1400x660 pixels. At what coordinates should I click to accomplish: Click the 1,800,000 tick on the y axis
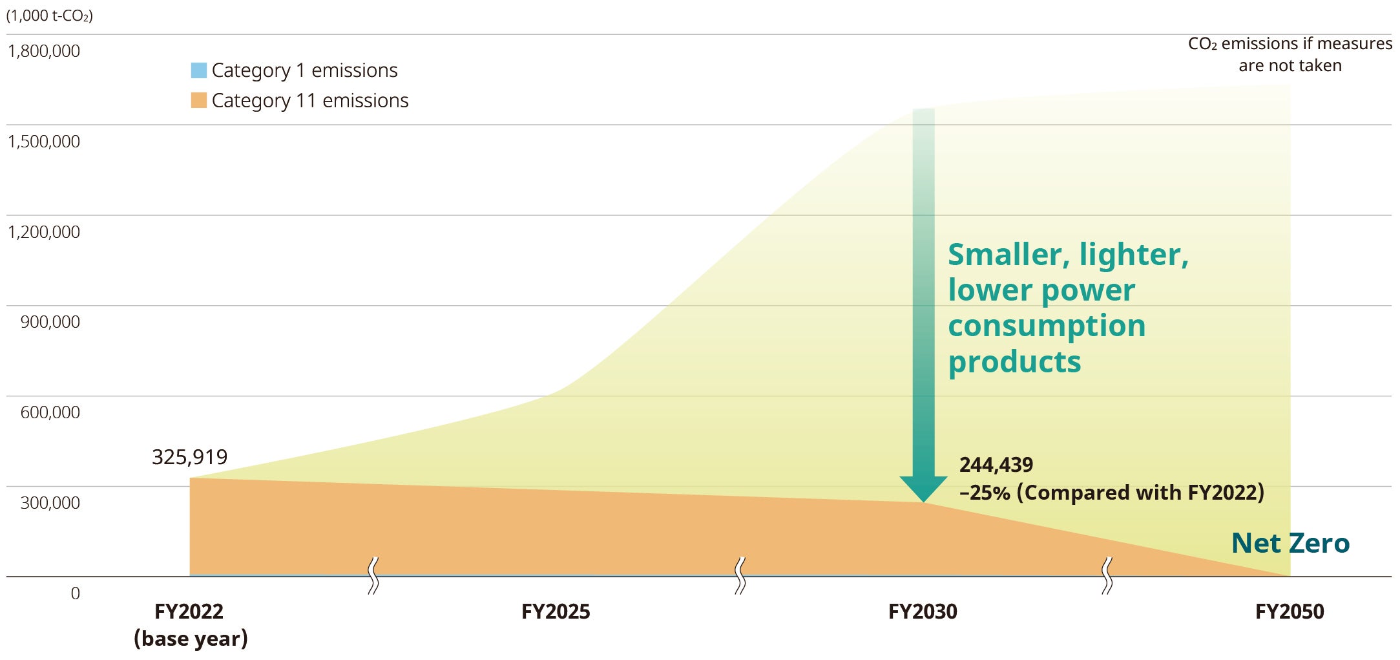[x=44, y=51]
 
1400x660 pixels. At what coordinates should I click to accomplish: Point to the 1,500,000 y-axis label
[x=44, y=142]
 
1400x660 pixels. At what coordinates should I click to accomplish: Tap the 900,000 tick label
[x=50, y=322]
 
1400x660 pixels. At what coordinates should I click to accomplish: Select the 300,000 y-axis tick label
[x=50, y=503]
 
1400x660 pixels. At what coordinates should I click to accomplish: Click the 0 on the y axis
[x=76, y=593]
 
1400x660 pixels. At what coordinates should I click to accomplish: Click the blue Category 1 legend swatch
[x=198, y=70]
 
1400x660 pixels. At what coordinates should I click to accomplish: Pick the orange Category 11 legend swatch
[x=198, y=100]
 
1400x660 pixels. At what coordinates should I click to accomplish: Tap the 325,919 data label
[x=189, y=457]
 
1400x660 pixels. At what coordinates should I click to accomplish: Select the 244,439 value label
[x=996, y=465]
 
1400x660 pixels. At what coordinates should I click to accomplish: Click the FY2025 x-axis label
[x=556, y=612]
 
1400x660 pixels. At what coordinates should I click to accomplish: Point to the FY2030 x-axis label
[x=923, y=612]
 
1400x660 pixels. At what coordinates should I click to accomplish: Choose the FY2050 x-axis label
[x=1290, y=612]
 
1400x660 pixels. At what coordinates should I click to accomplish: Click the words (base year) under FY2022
[x=191, y=639]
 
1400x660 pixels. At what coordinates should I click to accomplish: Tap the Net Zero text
[x=1290, y=543]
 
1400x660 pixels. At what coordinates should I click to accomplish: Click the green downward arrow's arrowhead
[x=923, y=488]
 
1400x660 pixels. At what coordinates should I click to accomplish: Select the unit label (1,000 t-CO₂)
[x=50, y=16]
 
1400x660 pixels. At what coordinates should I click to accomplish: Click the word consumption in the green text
[x=1047, y=326]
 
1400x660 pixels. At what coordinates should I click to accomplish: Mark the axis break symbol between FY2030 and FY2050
[x=1107, y=575]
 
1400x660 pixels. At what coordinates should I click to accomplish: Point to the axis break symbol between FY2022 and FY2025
[x=373, y=575]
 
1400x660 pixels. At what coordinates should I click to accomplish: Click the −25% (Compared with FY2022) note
[x=1111, y=493]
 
